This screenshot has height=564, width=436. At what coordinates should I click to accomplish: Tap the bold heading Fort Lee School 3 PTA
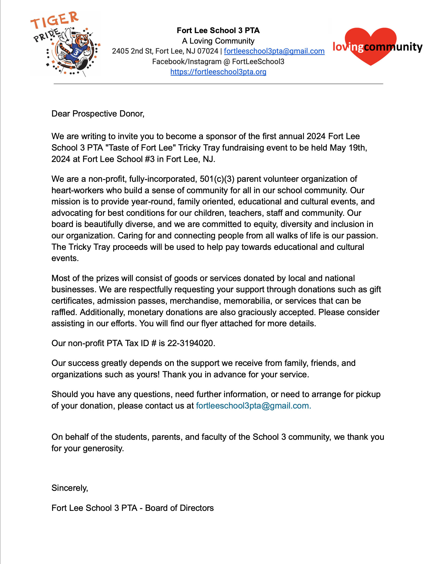(218, 31)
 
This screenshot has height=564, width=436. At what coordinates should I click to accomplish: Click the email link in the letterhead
(274, 51)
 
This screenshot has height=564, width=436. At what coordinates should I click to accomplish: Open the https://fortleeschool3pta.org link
(218, 72)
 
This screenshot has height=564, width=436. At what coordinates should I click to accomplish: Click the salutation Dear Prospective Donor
(98, 114)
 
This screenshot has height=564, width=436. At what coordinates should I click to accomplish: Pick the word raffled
(64, 312)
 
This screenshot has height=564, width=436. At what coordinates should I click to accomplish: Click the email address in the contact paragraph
(253, 406)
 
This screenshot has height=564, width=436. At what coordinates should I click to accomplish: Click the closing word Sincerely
(69, 488)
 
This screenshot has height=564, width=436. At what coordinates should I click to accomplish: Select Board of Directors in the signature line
(179, 508)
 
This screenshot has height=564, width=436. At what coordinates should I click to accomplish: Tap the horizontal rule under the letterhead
(218, 84)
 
